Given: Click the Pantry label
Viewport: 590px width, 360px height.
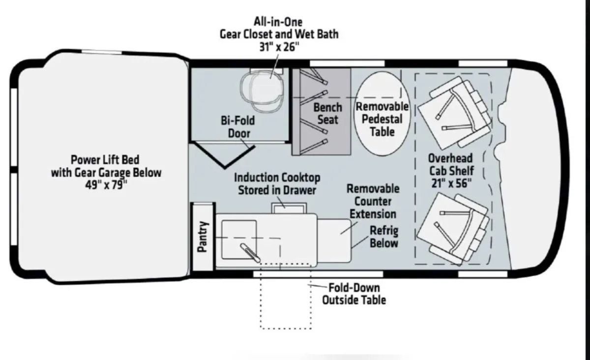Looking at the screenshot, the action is (203, 237).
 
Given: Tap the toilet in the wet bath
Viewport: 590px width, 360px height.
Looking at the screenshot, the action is (263, 90).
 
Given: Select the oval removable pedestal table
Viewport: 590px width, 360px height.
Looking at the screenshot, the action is (382, 113).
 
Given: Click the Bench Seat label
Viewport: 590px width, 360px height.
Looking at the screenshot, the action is (327, 114).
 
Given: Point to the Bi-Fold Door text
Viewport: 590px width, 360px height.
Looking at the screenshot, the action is (238, 127).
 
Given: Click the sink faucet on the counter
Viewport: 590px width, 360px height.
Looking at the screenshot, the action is (250, 253).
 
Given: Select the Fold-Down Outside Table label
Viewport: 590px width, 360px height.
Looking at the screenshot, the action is (354, 294).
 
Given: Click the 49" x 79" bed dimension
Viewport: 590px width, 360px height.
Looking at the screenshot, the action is (106, 184).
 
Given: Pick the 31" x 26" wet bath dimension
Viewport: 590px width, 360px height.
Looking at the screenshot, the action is (279, 47).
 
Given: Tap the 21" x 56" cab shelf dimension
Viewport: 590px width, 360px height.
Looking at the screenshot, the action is (451, 183).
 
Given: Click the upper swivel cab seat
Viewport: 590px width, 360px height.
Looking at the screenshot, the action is (454, 112).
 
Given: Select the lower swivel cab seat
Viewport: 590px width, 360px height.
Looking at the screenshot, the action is (453, 229).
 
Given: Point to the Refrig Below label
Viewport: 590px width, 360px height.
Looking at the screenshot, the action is (384, 237).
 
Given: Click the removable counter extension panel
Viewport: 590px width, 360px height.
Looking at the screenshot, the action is (334, 240).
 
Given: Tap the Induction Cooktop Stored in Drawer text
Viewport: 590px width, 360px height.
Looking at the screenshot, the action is (277, 184).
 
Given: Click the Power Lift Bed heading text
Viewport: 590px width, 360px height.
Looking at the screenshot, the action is (105, 160).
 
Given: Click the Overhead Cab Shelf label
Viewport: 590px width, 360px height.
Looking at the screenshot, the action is (451, 164).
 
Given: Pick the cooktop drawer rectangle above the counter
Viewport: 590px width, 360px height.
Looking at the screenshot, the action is (289, 208).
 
